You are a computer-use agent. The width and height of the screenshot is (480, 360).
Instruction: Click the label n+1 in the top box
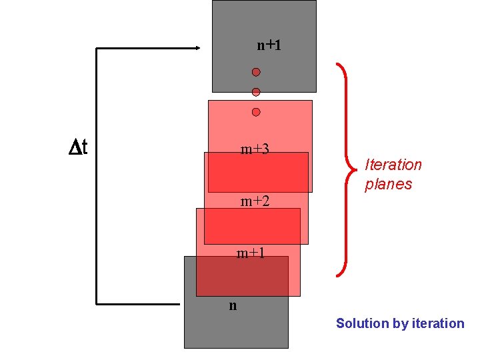(269, 45)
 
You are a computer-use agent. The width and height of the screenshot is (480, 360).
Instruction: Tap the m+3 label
(255, 149)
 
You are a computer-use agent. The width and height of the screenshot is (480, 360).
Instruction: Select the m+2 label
(255, 201)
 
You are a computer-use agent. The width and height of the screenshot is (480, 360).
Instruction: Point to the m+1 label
(251, 253)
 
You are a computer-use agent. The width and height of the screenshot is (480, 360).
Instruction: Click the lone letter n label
(233, 306)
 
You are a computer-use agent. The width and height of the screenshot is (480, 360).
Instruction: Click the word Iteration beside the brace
(393, 165)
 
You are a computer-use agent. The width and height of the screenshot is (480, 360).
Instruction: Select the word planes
(389, 184)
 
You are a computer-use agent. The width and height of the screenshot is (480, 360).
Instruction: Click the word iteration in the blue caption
(438, 324)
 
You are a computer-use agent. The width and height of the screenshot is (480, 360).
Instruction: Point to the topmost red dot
(256, 72)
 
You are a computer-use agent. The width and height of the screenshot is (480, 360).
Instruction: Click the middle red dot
(256, 92)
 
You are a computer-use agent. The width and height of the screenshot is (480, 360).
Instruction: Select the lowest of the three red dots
(256, 112)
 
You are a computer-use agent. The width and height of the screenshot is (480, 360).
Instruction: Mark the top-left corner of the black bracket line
(97, 48)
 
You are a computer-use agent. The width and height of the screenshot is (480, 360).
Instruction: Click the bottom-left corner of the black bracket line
(97, 303)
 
